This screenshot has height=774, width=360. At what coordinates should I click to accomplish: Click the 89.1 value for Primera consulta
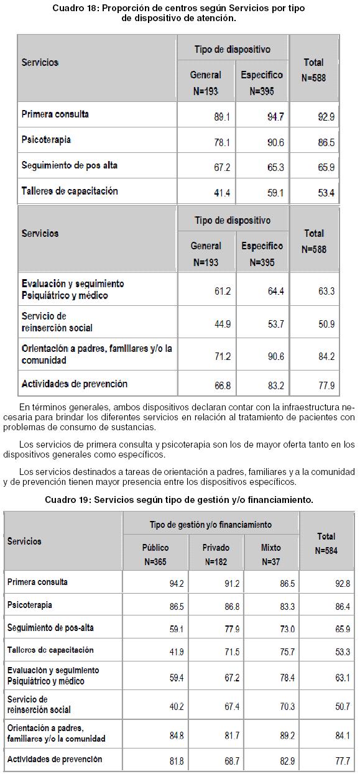[x=222, y=117]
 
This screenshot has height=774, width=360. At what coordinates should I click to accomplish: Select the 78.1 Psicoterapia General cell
[x=222, y=142]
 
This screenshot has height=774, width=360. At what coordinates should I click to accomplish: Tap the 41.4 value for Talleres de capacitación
[x=222, y=193]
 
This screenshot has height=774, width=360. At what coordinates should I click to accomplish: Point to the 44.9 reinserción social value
[x=223, y=324]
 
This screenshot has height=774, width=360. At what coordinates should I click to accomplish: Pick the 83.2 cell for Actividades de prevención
[x=276, y=385]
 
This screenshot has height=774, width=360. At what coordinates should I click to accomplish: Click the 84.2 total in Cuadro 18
[x=326, y=356]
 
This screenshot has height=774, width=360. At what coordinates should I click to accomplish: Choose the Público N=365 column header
[x=155, y=555]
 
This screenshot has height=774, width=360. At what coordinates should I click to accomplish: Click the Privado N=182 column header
[x=216, y=555]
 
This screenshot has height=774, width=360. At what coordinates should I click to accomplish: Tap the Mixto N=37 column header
[x=271, y=555]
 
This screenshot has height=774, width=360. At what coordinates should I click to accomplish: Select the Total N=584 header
[x=326, y=543]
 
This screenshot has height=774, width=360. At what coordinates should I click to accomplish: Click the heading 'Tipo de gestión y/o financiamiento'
[x=211, y=525]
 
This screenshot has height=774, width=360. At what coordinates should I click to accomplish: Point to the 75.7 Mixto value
[x=287, y=652]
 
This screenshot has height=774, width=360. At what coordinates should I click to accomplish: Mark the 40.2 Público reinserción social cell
[x=177, y=707]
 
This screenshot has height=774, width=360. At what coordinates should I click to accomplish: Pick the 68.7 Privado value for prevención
[x=232, y=761]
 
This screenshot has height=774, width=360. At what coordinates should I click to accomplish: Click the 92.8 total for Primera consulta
[x=343, y=584]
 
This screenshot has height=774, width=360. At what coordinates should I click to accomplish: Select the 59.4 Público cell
[x=177, y=678]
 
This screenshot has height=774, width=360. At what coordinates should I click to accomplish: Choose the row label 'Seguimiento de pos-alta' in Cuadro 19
[x=50, y=627]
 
